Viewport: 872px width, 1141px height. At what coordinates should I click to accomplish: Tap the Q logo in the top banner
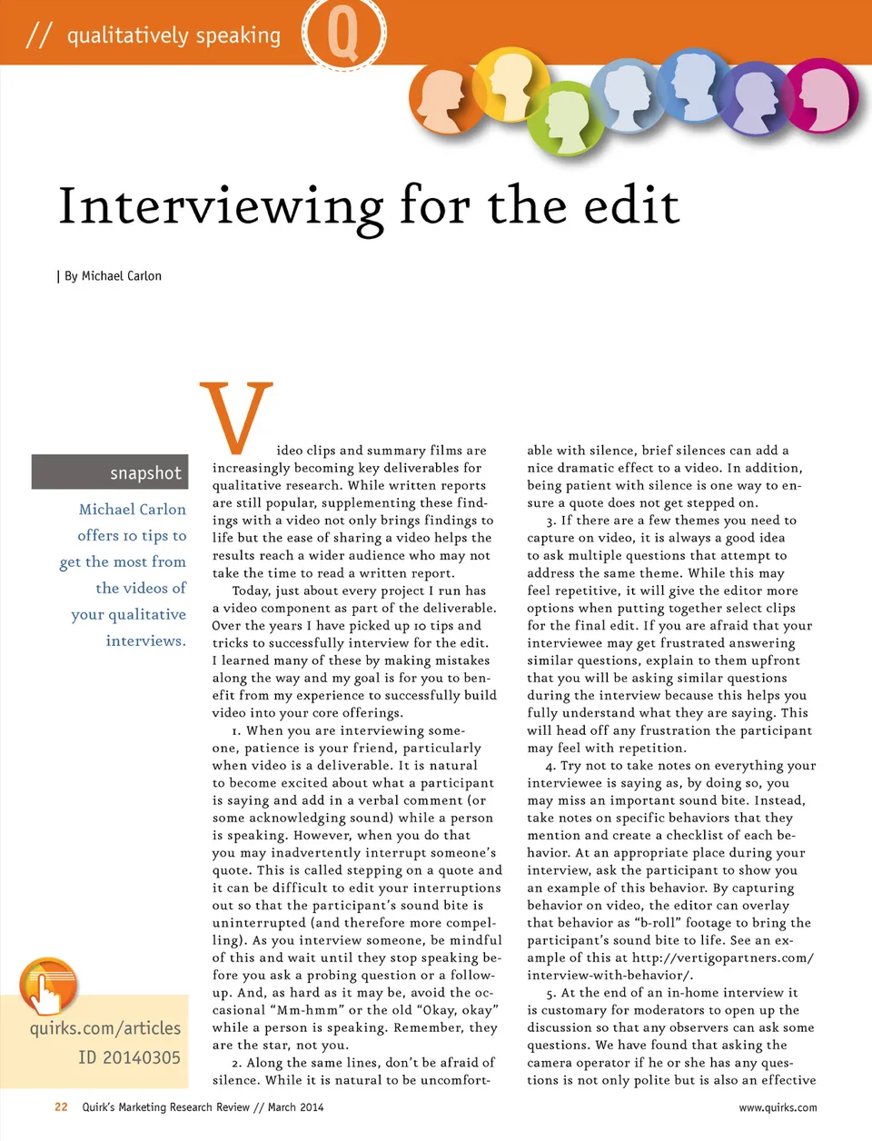pyautogui.click(x=342, y=34)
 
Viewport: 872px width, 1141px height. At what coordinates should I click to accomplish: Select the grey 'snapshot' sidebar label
pyautogui.click(x=110, y=472)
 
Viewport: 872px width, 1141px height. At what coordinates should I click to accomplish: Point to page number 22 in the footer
pyautogui.click(x=61, y=1106)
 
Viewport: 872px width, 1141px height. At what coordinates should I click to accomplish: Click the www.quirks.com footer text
pyautogui.click(x=777, y=1107)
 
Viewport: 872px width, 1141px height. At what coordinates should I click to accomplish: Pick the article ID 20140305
pyautogui.click(x=129, y=1057)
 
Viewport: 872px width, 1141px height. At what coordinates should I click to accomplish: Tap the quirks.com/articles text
pyautogui.click(x=105, y=1028)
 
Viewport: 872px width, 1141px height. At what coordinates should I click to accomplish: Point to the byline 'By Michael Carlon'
pyautogui.click(x=113, y=276)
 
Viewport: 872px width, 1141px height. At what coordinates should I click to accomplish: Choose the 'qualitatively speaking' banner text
pyautogui.click(x=173, y=35)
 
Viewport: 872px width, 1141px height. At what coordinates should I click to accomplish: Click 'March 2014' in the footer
pyautogui.click(x=295, y=1107)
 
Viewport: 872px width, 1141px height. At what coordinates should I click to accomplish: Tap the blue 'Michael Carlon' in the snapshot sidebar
pyautogui.click(x=133, y=510)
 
